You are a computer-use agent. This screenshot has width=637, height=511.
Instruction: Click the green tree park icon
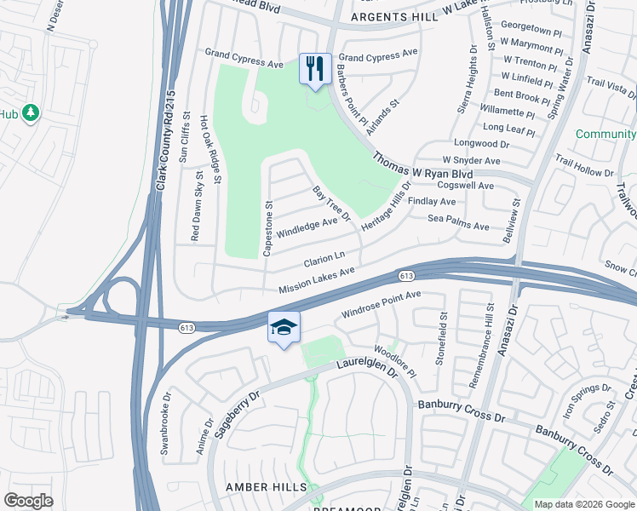pyautogui.click(x=31, y=112)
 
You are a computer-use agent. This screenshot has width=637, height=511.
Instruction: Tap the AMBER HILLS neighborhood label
pyautogui.click(x=259, y=485)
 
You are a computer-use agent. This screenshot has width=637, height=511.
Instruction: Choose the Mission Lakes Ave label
pyautogui.click(x=316, y=281)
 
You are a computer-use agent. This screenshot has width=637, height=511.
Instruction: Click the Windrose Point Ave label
pyautogui.click(x=382, y=304)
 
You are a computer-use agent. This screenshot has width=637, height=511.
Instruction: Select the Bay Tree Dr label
pyautogui.click(x=331, y=204)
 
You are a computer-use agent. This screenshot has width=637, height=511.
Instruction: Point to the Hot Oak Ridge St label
pyautogui.click(x=210, y=149)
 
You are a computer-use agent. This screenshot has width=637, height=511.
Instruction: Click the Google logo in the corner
pyautogui.click(x=28, y=500)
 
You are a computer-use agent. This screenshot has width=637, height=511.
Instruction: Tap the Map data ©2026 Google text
pyautogui.click(x=583, y=504)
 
